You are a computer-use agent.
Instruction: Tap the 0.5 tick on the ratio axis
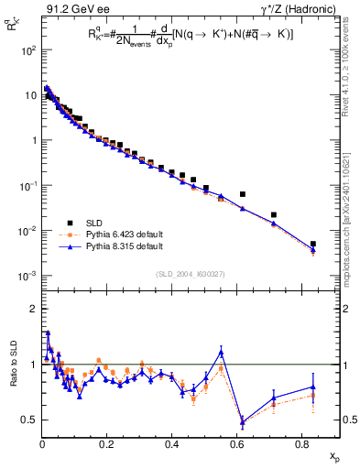tap(27, 420)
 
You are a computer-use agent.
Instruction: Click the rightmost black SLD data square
tap(313, 245)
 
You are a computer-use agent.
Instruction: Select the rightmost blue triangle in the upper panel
tap(313, 250)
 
